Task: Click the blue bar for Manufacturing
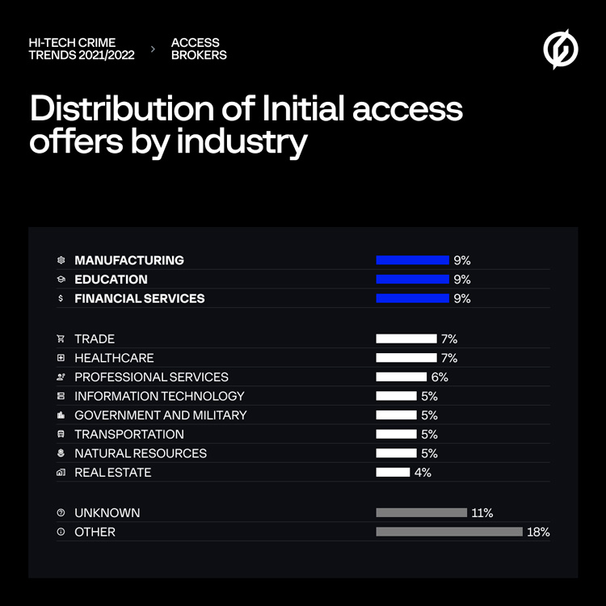pos(412,260)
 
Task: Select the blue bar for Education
pos(412,280)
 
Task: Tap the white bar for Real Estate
pos(393,472)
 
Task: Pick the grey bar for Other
pos(449,532)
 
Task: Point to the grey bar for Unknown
pos(421,512)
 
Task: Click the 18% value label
pos(539,532)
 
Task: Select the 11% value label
pos(482,512)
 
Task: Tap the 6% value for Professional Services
pos(440,377)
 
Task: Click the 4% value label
pos(423,472)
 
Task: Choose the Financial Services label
pos(140,298)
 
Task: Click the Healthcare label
pos(114,357)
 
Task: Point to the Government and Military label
pos(161,415)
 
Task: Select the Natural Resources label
pos(141,453)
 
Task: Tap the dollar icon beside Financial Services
pos(61,298)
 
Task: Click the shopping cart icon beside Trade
pos(61,339)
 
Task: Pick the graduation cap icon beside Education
pos(61,280)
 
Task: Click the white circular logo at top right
pos(561,49)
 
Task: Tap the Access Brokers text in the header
pos(199,48)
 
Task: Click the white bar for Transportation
pos(396,434)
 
